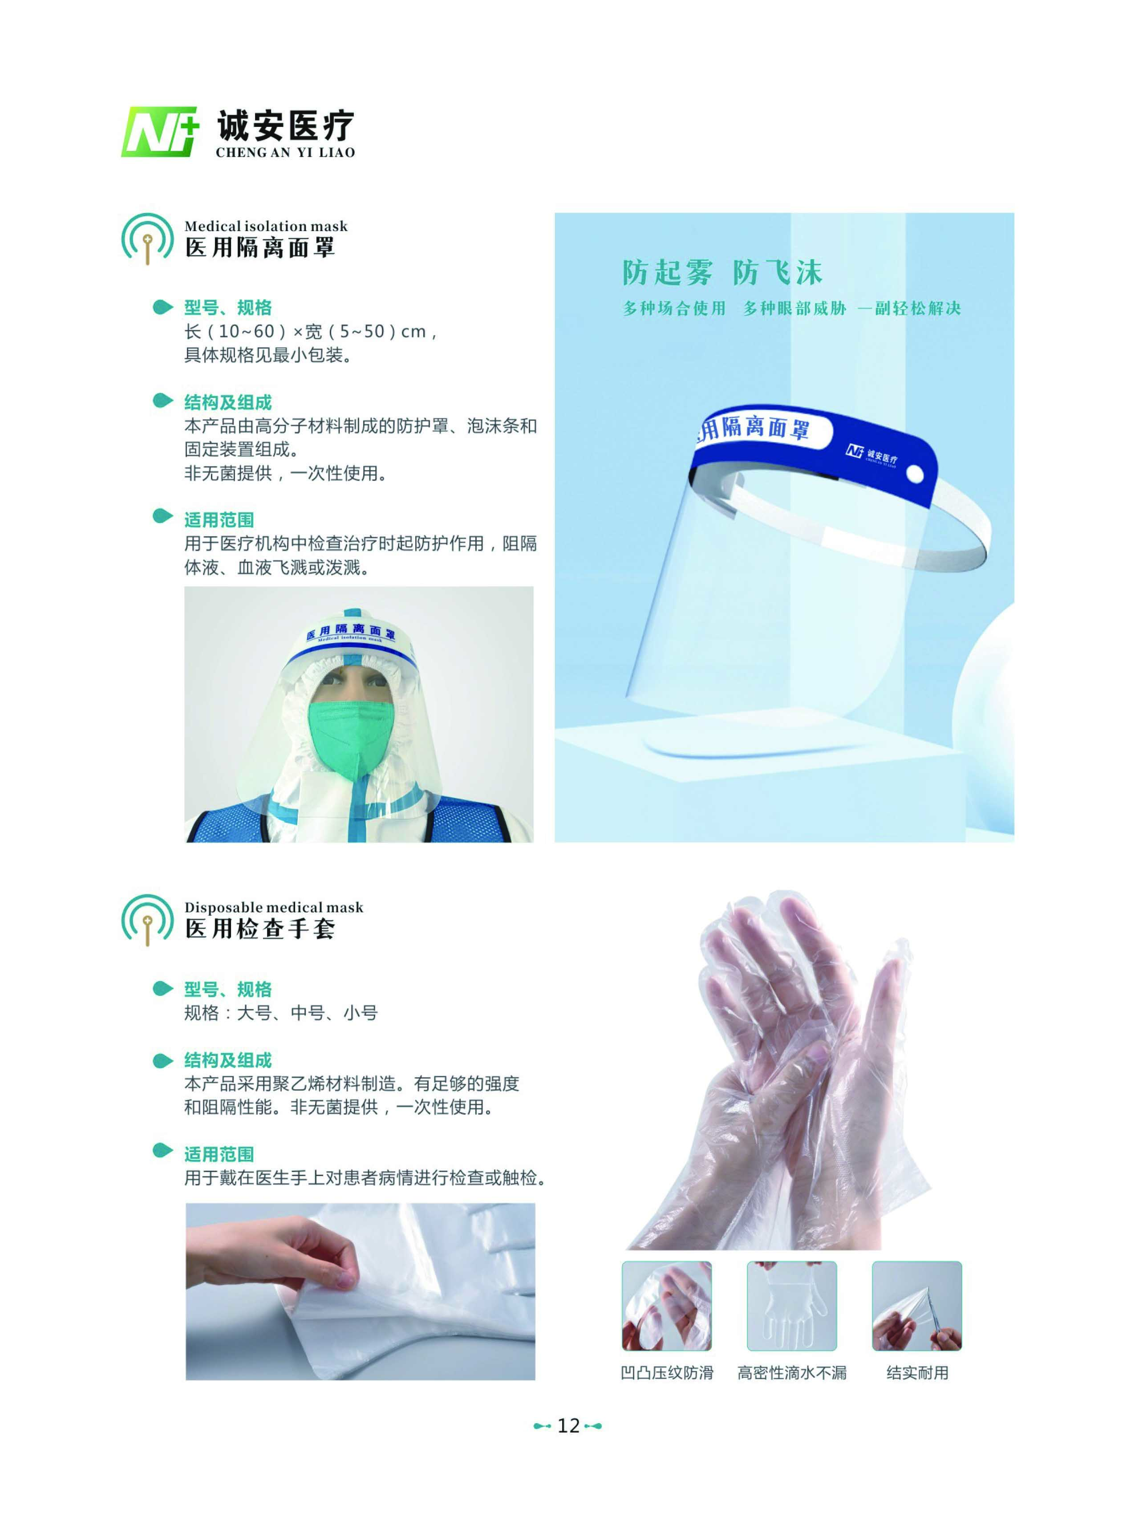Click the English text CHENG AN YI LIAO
click(285, 152)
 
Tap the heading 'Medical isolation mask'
click(265, 226)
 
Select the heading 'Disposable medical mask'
click(273, 907)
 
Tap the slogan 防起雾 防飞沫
click(722, 273)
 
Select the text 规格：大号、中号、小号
click(280, 1013)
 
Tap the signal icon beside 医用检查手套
click(147, 920)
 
